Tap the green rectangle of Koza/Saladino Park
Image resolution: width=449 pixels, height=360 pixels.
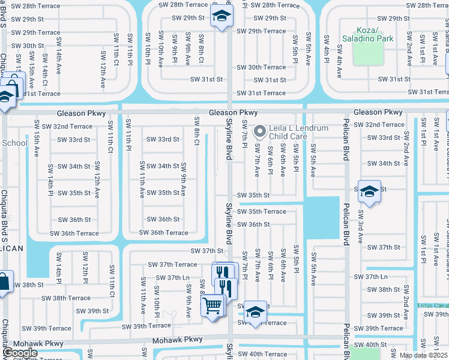[367, 56]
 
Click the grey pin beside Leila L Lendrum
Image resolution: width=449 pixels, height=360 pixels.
[260, 130]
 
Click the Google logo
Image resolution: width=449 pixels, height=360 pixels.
[20, 353]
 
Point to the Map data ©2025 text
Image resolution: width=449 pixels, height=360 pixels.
[423, 355]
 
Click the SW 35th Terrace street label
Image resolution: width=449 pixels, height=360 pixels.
[261, 211]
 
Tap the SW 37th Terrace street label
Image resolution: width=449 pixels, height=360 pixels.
[170, 264]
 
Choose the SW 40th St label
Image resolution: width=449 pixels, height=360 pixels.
[370, 344]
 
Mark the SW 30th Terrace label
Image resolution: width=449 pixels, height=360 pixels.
[261, 67]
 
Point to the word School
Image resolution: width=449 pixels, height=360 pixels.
[14, 143]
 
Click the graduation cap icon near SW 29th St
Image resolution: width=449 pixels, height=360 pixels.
[221, 16]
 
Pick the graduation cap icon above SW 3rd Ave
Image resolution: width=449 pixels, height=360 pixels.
[369, 191]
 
